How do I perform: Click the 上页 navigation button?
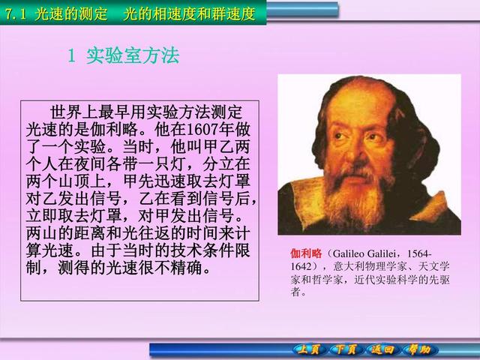[307, 350]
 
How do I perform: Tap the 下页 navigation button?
[345, 350]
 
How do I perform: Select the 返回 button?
[382, 350]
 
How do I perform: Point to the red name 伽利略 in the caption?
[306, 253]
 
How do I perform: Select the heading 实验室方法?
[133, 56]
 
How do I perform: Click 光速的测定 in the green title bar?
[71, 14]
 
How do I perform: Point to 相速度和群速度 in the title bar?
[204, 14]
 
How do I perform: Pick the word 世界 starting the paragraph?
[66, 112]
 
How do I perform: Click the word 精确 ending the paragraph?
[187, 268]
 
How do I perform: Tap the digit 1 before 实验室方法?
[71, 56]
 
